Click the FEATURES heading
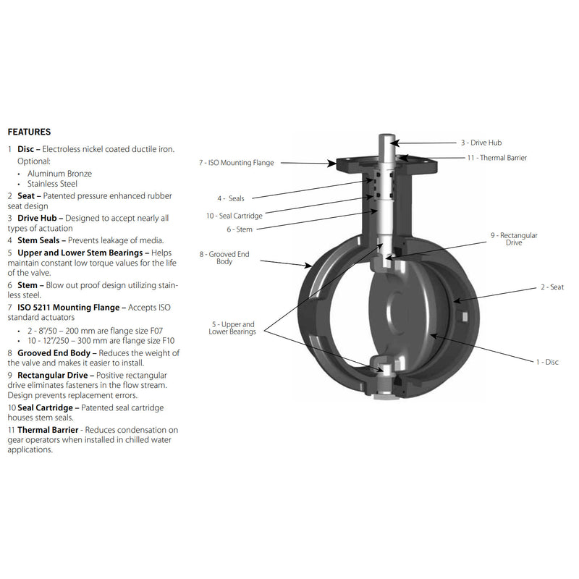pyautogui.click(x=29, y=132)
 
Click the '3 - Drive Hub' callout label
pyautogui.click(x=481, y=143)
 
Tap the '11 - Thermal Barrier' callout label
pyautogui.click(x=497, y=158)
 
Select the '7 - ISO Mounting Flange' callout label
pyautogui.click(x=237, y=163)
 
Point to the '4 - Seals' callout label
pyautogui.click(x=231, y=198)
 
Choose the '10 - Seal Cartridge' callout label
pyautogui.click(x=234, y=216)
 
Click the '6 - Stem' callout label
pyautogui.click(x=240, y=229)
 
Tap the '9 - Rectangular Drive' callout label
pyautogui.click(x=514, y=239)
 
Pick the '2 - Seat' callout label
pyautogui.click(x=552, y=287)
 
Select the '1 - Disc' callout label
pyautogui.click(x=547, y=362)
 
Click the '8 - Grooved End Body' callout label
pyautogui.click(x=224, y=258)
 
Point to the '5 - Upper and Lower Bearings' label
pyautogui.click(x=232, y=328)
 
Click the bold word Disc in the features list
pyautogui.click(x=26, y=149)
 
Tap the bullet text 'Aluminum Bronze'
pyautogui.click(x=59, y=174)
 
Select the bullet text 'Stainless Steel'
pyautogui.click(x=52, y=184)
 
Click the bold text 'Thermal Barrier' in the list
pyautogui.click(x=48, y=430)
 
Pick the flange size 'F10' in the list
pyautogui.click(x=169, y=340)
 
